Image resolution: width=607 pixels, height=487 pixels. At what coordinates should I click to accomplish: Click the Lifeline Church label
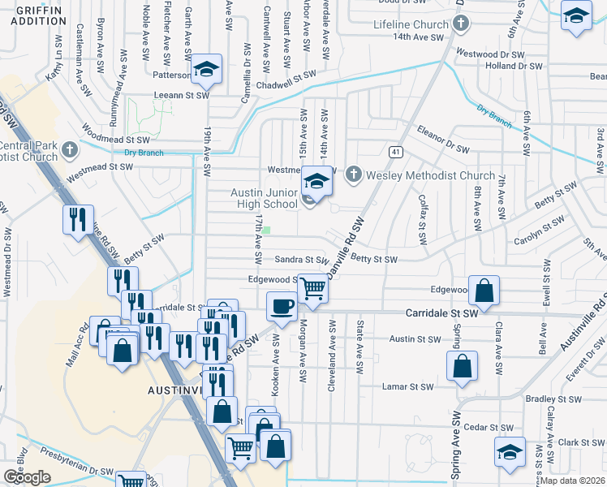pos(411,24)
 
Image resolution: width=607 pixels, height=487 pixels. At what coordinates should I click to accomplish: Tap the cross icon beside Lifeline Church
pos(461,24)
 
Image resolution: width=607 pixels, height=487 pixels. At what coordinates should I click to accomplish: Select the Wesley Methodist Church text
pos(430,175)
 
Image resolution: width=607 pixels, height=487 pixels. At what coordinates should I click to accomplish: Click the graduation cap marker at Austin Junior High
pos(317,181)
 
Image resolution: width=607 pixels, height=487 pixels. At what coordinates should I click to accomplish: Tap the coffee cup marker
pos(282,307)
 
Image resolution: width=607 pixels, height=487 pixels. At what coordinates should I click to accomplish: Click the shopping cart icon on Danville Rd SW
pos(312,288)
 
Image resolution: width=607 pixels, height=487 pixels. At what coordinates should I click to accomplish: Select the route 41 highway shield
pos(395,152)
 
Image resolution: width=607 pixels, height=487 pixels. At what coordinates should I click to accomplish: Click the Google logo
pos(27,477)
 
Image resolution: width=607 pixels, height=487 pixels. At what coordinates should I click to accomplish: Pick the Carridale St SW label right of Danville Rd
pos(441,312)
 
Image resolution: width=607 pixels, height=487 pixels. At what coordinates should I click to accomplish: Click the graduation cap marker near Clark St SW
pos(510,451)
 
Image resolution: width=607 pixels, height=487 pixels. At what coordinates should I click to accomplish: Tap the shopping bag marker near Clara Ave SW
pos(484,291)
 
